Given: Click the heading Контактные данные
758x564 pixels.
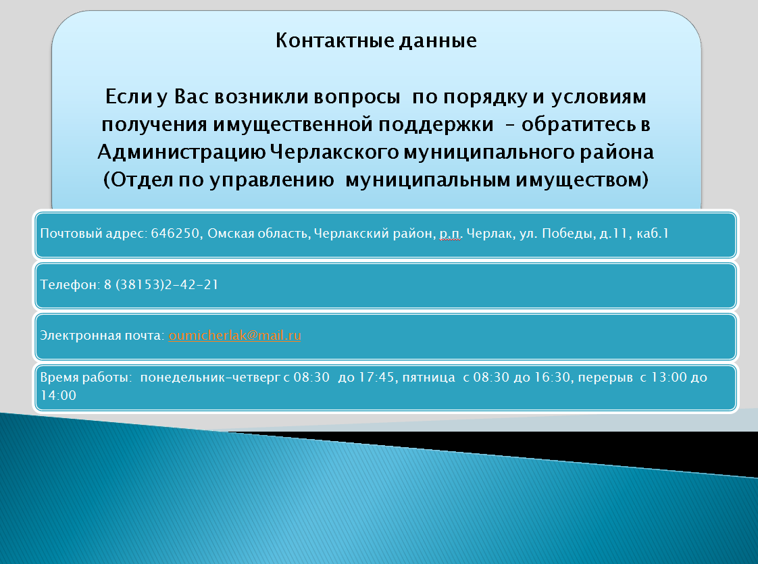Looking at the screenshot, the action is click(376, 41).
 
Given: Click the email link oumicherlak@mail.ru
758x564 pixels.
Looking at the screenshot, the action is click(235, 336).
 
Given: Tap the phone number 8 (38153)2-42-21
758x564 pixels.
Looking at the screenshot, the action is click(161, 284).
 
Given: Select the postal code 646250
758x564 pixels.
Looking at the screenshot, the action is click(175, 234).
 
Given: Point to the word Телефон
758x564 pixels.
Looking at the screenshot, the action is click(70, 284).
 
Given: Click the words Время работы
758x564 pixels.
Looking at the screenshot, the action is click(86, 378).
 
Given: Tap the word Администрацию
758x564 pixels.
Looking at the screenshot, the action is click(181, 153).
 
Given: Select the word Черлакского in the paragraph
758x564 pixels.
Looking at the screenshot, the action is click(334, 153).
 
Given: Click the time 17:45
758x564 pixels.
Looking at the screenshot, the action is click(376, 377).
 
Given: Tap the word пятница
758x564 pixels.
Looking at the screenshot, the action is click(429, 378).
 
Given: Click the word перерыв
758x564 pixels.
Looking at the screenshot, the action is click(605, 378).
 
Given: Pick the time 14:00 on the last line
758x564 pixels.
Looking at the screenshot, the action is click(58, 395).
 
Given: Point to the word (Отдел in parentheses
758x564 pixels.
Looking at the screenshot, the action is click(138, 180).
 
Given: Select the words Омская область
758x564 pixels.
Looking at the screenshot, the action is click(258, 234).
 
